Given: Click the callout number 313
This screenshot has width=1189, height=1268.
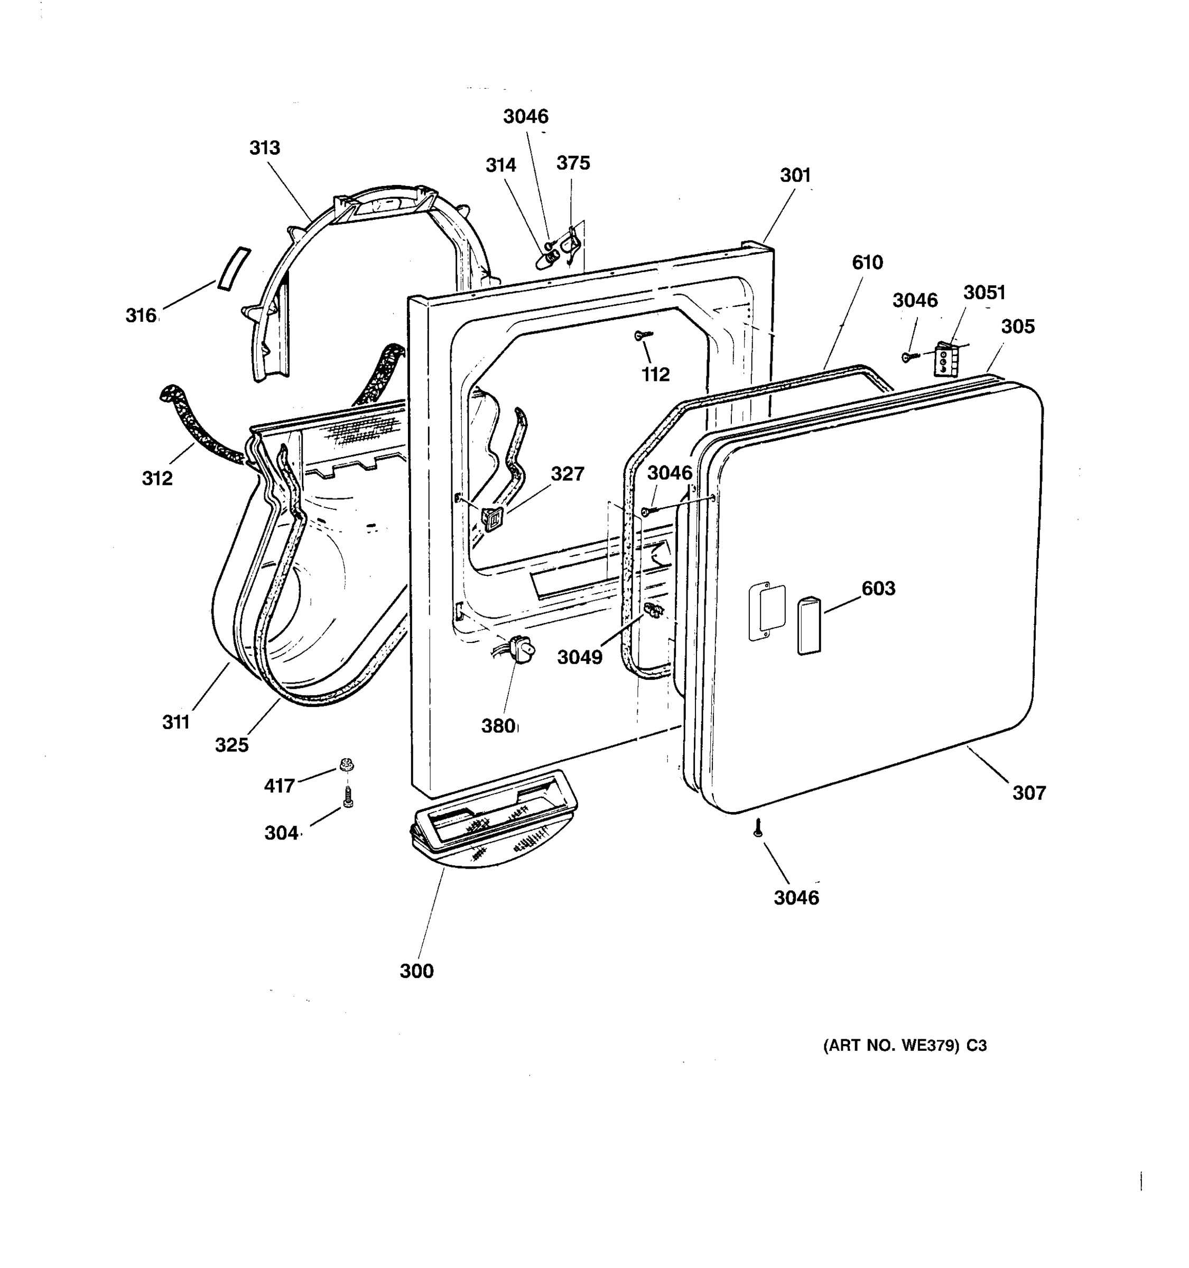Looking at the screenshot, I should (x=264, y=148).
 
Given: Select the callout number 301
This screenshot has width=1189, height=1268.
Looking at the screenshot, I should (x=795, y=175).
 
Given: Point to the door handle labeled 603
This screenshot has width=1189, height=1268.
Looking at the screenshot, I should (x=808, y=625).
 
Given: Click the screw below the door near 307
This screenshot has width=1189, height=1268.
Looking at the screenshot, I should (x=757, y=828).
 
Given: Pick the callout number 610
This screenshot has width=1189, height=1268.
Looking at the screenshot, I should (x=867, y=262).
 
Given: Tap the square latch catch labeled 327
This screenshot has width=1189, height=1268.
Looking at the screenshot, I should (x=491, y=518).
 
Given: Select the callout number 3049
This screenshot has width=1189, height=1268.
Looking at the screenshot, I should (x=579, y=657).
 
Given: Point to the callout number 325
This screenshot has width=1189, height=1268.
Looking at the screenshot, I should (x=231, y=744).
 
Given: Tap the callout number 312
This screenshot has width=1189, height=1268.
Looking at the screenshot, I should (x=157, y=478).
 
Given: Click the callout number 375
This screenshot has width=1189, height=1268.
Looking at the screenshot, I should (x=573, y=163).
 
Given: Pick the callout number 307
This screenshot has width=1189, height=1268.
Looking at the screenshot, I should (x=1029, y=793).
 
